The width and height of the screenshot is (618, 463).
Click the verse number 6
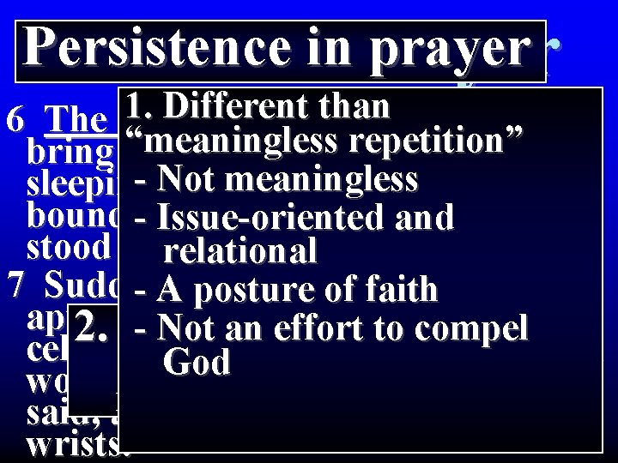pos(15,119)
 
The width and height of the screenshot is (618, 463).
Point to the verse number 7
pos(15,282)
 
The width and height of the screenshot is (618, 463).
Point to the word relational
pos(240,252)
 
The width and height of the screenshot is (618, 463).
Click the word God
pos(197,363)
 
